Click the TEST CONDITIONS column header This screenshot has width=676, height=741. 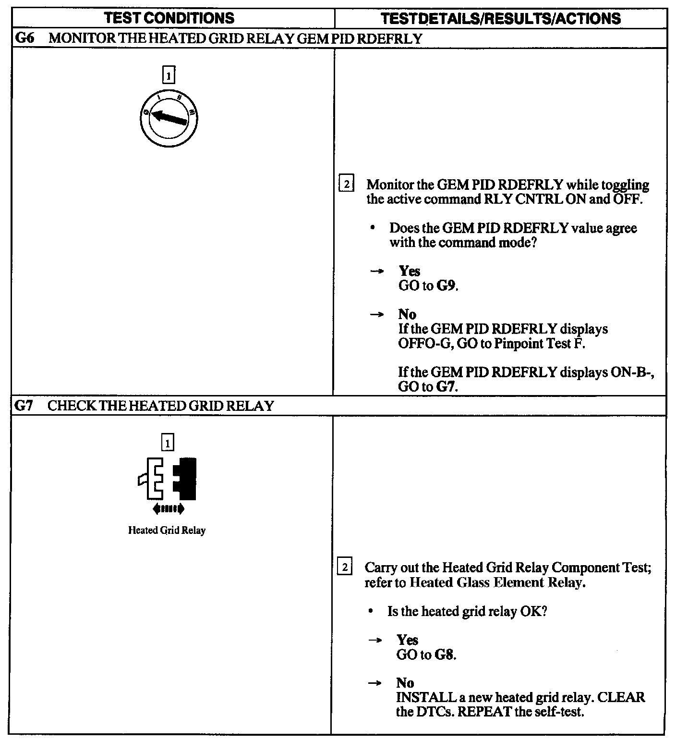(169, 18)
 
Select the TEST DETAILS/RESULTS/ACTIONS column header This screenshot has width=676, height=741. (500, 19)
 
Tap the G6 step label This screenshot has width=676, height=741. (24, 38)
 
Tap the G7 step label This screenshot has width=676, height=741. (23, 406)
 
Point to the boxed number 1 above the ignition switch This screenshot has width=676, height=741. (169, 75)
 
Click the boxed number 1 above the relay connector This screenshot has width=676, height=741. (168, 443)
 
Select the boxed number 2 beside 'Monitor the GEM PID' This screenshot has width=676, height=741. (346, 185)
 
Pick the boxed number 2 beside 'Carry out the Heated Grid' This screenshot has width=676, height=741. (345, 567)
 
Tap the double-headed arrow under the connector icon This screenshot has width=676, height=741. (168, 508)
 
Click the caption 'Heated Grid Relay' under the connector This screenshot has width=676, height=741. (167, 531)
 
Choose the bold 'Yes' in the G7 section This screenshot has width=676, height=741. (407, 640)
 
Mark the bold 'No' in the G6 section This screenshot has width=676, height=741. (407, 314)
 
